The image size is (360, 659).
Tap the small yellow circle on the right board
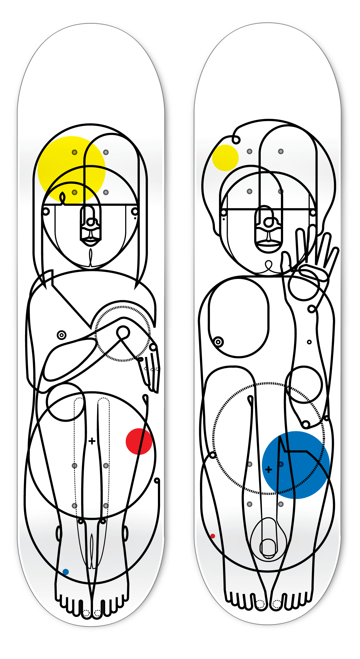(225, 158)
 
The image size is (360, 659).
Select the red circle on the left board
(139, 441)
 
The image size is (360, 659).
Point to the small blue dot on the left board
(65, 572)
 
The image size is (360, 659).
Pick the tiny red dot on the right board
(213, 536)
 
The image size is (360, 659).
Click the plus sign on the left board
(92, 441)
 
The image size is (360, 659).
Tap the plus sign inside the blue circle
(269, 469)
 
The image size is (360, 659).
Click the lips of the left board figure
(91, 241)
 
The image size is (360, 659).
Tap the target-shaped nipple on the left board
(62, 335)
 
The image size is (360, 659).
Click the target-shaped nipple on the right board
(218, 342)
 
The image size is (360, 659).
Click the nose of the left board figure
(91, 222)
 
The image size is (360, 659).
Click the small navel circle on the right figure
(309, 342)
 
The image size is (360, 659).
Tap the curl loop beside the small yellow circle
(236, 140)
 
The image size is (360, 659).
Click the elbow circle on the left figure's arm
(123, 333)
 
